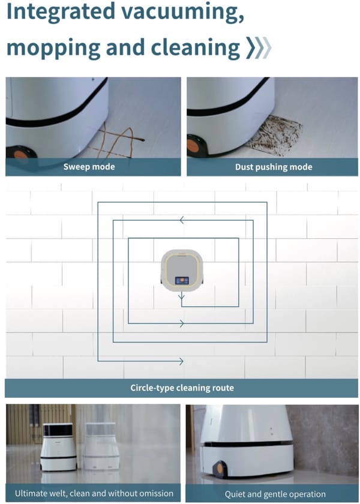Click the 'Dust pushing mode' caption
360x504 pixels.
coord(274,166)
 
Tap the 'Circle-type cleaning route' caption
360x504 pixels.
coord(182,388)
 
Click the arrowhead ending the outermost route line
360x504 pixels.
coord(180,361)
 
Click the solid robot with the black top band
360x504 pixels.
coord(59,447)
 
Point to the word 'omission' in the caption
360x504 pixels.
coord(154,493)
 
